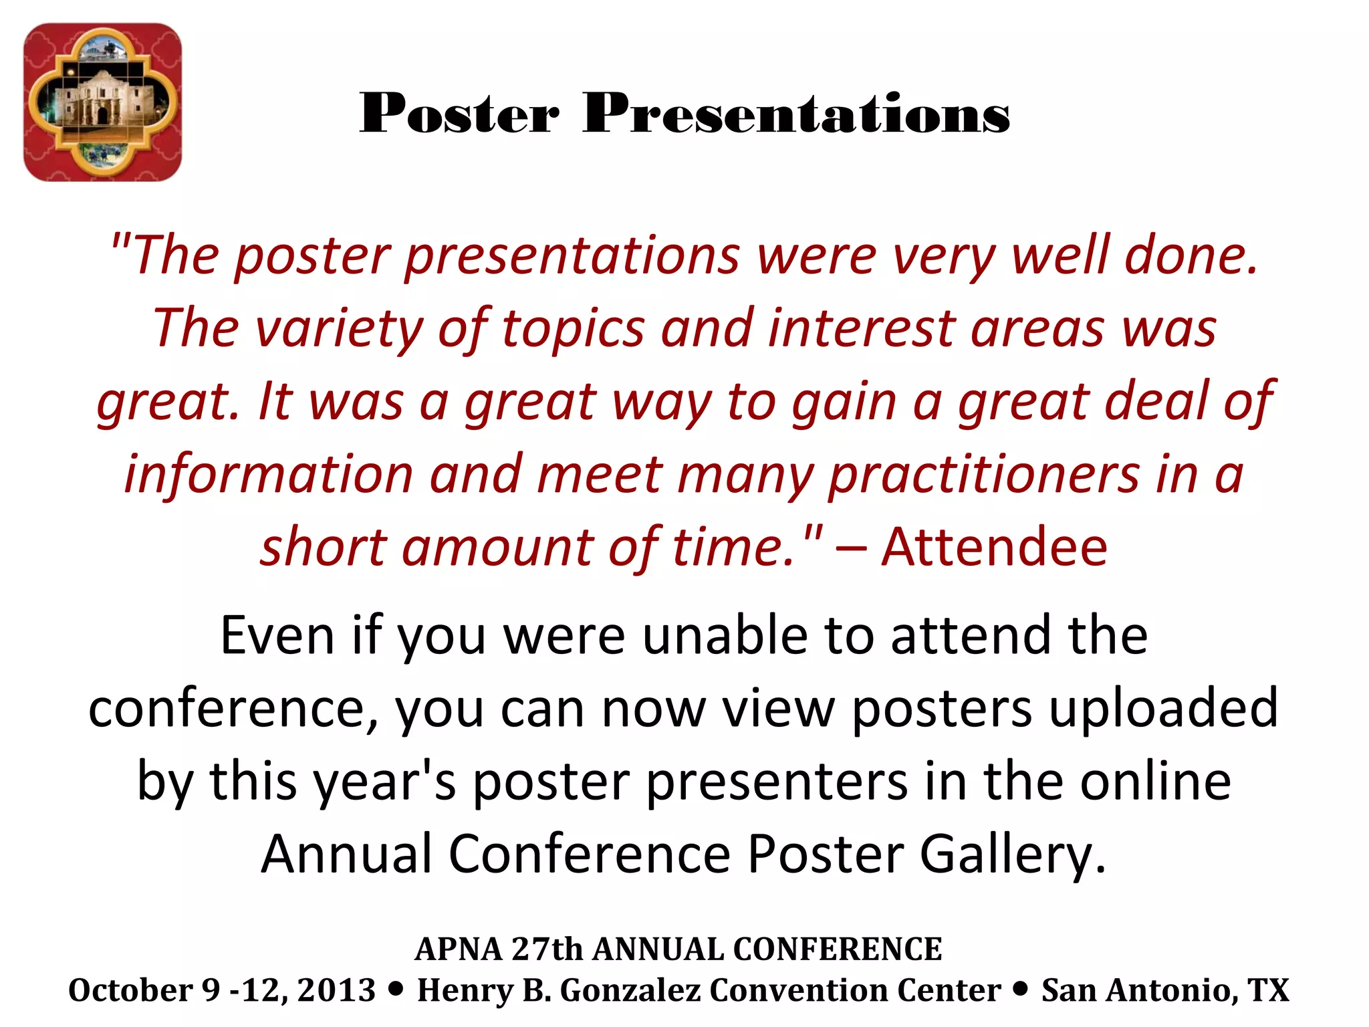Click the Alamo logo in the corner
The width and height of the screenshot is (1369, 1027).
[x=102, y=102]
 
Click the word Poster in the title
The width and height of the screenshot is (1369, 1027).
[x=459, y=114]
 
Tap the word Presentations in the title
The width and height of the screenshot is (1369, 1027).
[x=795, y=114]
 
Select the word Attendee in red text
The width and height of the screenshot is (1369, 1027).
[x=994, y=547]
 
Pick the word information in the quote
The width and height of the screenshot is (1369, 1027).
[x=269, y=474]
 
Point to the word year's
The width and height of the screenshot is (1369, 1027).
[x=386, y=782]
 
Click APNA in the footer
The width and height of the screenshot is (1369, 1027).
[x=459, y=949]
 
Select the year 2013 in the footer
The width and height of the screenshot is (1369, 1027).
[x=336, y=990]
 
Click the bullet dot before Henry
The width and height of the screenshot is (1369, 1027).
[x=396, y=988]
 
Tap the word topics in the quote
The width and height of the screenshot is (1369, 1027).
[x=573, y=329]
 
